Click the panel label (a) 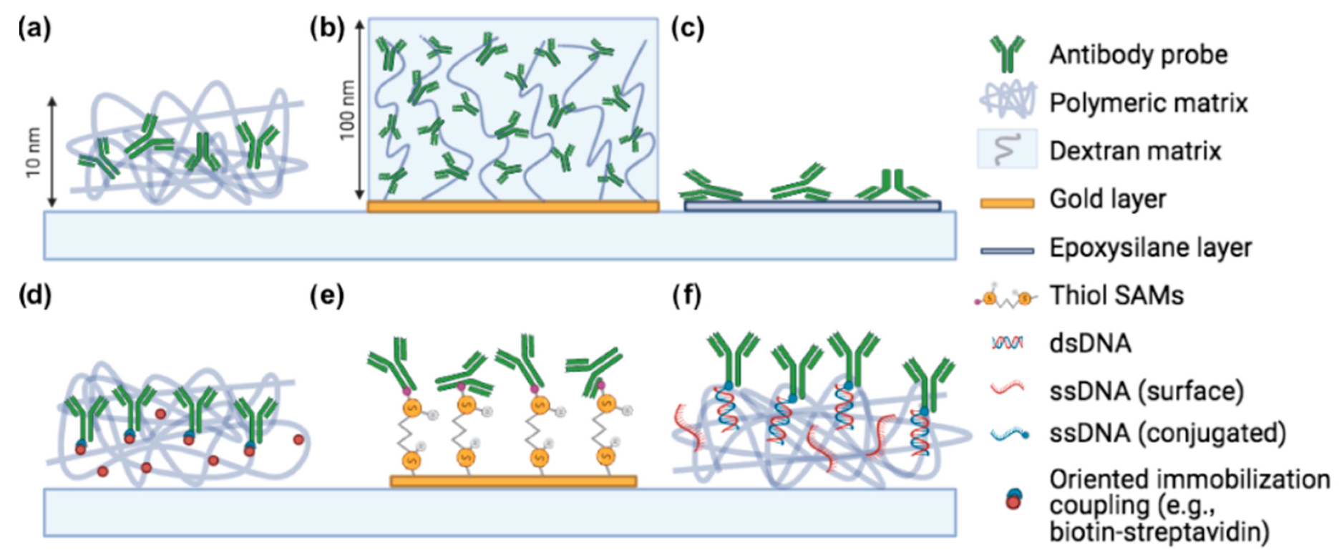point(34,29)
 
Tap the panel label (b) point(327,29)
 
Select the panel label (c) point(688,29)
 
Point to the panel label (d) point(34,295)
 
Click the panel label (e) point(327,295)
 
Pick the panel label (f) point(687,295)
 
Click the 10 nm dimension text point(33,152)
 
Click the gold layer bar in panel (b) point(512,207)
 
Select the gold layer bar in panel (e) point(513,481)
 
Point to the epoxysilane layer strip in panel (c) point(812,206)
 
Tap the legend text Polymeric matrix point(1148,103)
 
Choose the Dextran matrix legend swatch point(1006,150)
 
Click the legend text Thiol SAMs point(1116,295)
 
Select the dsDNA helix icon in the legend point(1007,343)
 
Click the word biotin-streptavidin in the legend point(1159,532)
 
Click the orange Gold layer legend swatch point(1006,203)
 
